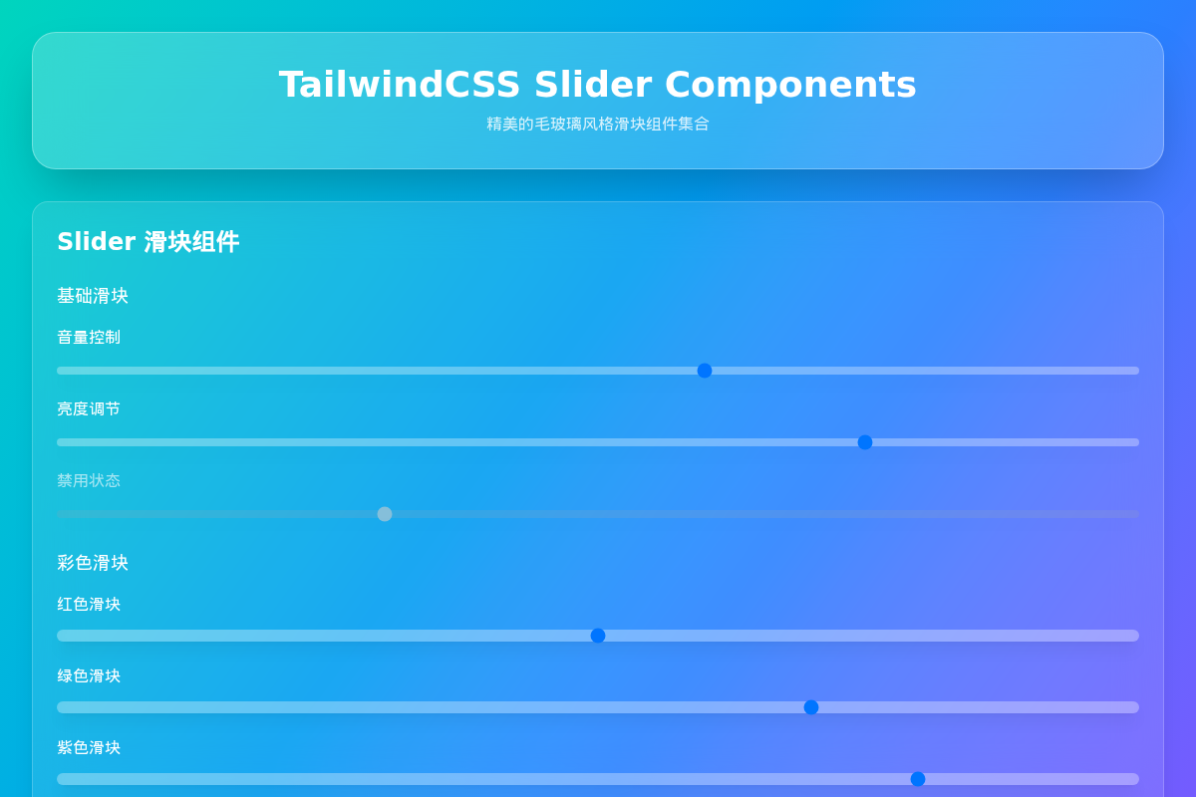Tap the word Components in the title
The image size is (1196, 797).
(x=790, y=85)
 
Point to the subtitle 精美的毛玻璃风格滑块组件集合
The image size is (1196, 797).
(x=598, y=124)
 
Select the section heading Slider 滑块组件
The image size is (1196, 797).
(x=148, y=242)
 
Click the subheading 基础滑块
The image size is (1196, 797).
(x=93, y=296)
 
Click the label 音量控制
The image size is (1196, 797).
(x=89, y=338)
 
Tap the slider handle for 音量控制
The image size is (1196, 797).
(x=705, y=371)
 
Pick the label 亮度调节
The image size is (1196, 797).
(x=89, y=409)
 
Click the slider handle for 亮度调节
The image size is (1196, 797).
(x=865, y=442)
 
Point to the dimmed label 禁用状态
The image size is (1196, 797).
(x=89, y=481)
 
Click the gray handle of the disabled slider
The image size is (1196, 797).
(x=385, y=514)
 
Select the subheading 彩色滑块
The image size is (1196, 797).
(x=93, y=563)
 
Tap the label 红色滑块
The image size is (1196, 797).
(x=89, y=605)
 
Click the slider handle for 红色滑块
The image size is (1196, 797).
(x=598, y=636)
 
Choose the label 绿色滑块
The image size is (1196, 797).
(x=89, y=676)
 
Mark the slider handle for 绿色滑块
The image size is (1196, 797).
(x=811, y=707)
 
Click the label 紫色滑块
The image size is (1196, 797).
(x=89, y=748)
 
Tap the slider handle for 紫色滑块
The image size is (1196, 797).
(x=918, y=779)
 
